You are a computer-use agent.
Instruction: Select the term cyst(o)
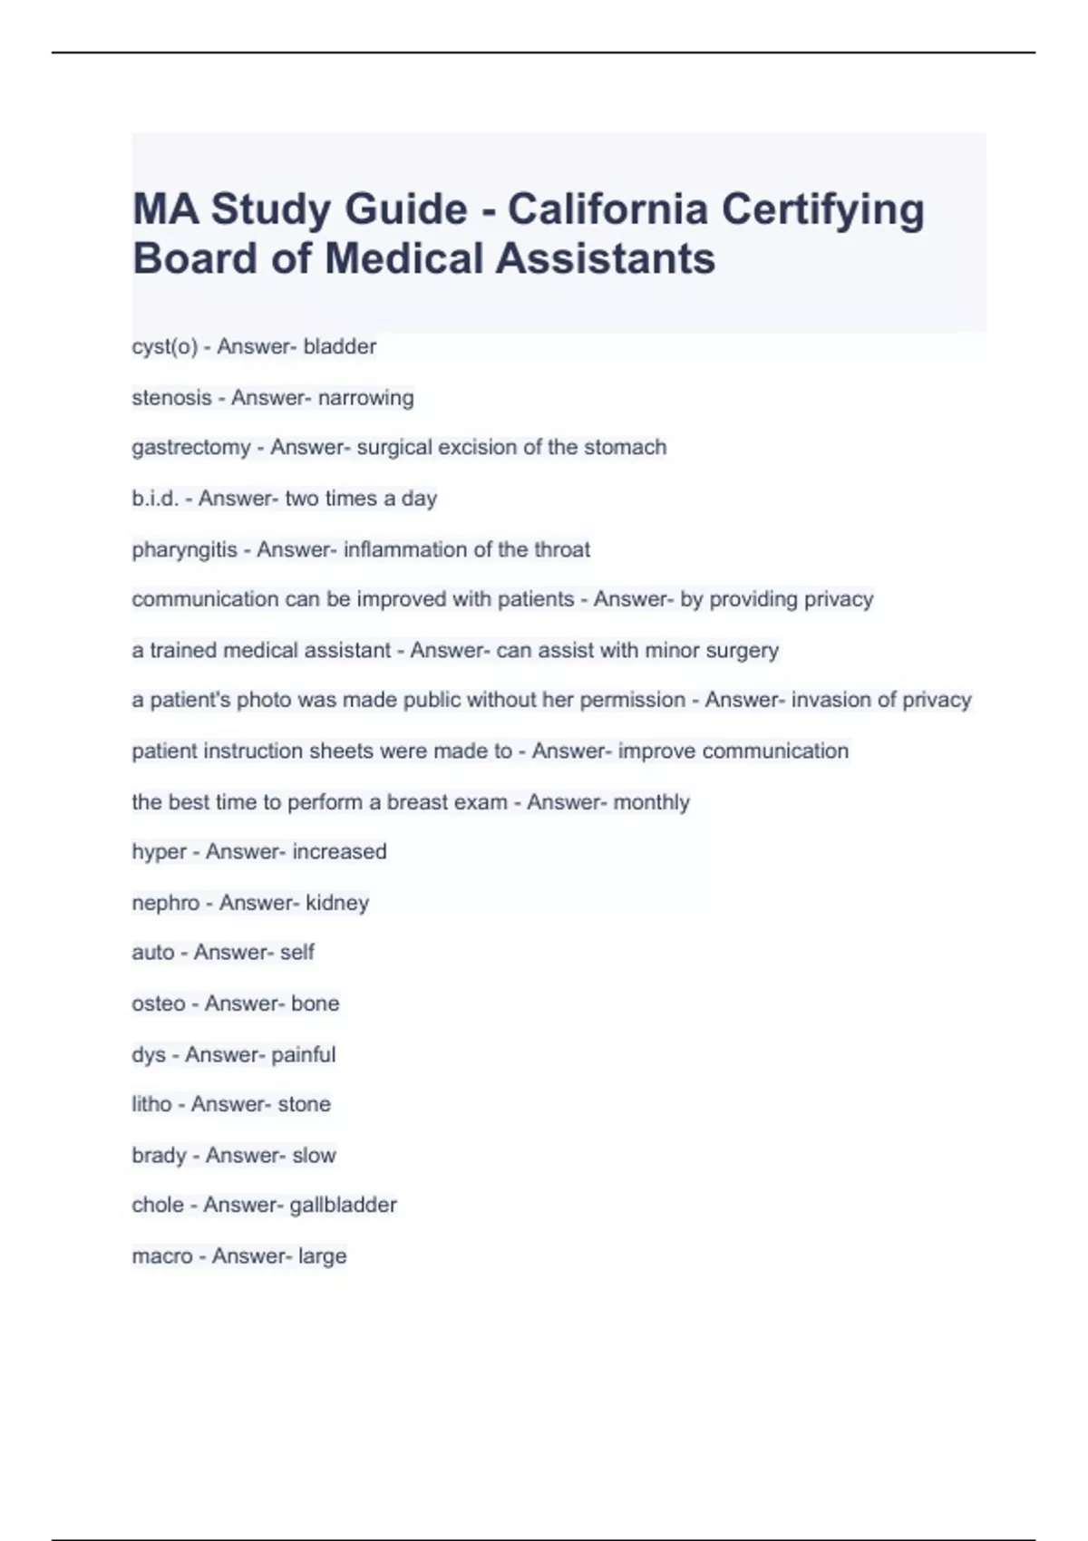pyautogui.click(x=164, y=346)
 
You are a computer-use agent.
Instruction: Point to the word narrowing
pyautogui.click(x=365, y=397)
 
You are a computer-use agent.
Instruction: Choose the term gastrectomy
pyautogui.click(x=190, y=447)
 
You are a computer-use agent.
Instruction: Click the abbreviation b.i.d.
pyautogui.click(x=155, y=498)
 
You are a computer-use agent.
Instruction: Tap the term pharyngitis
pyautogui.click(x=184, y=549)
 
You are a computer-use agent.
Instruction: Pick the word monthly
pyautogui.click(x=651, y=802)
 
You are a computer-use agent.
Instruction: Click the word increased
pyautogui.click(x=339, y=851)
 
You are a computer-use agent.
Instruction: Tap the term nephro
pyautogui.click(x=165, y=903)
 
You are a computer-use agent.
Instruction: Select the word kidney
pyautogui.click(x=337, y=903)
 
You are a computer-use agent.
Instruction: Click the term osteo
pyautogui.click(x=159, y=1003)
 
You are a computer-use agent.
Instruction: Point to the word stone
pyautogui.click(x=304, y=1104)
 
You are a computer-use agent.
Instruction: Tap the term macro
pyautogui.click(x=162, y=1255)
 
